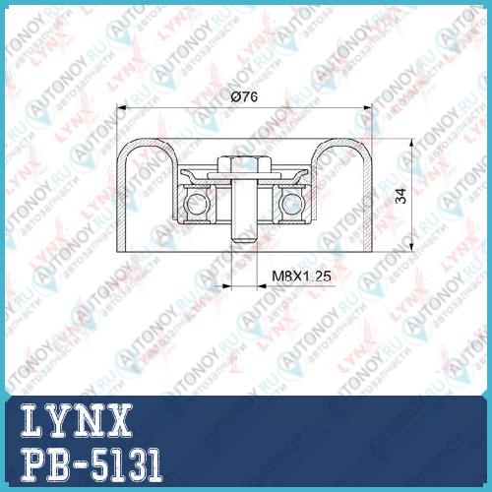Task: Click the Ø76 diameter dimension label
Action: [244, 96]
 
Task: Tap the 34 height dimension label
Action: [400, 196]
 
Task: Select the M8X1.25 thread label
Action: [301, 277]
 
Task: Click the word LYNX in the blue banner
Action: [77, 420]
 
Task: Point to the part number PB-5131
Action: [92, 464]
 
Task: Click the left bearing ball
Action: [196, 204]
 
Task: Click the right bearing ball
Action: [291, 204]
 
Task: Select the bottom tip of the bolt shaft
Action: [244, 242]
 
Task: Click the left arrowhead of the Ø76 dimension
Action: [121, 107]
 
